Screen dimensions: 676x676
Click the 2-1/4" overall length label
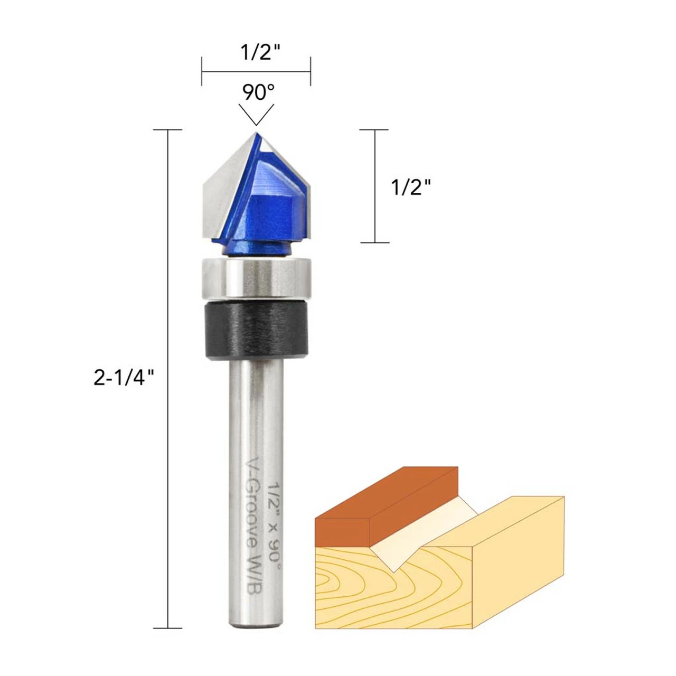[124, 378]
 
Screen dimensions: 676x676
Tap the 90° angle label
[258, 92]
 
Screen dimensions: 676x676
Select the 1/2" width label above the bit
[260, 52]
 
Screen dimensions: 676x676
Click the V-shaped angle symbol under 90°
[256, 114]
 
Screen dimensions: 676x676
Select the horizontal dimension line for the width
[256, 71]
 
